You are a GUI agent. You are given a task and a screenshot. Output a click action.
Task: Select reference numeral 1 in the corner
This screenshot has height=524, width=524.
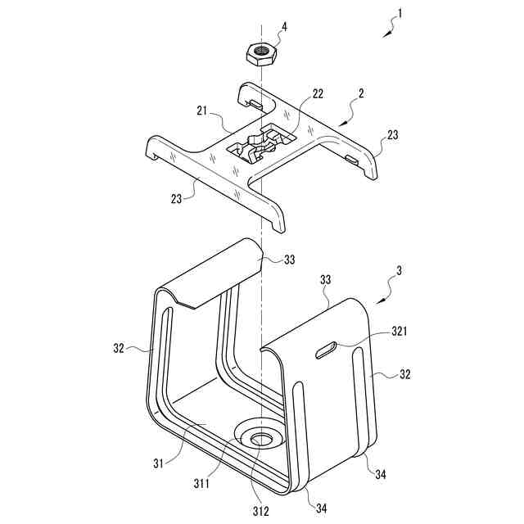pyautogui.click(x=399, y=13)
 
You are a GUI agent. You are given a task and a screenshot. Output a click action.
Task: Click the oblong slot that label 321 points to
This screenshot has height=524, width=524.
pyautogui.click(x=326, y=350)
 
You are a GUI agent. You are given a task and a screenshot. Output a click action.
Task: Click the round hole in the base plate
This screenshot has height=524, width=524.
pyautogui.click(x=262, y=440)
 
